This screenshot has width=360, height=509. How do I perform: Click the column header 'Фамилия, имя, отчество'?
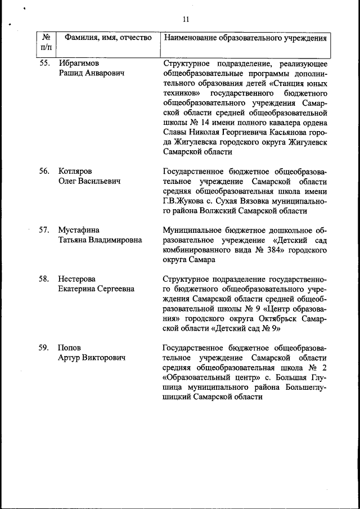pos(107,38)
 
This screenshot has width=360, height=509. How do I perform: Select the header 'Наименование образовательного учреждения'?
pos(245,38)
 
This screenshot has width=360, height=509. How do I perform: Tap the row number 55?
pos(45,63)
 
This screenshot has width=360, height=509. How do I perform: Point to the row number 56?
pos(45,171)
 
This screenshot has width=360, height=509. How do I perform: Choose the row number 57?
pos(45,229)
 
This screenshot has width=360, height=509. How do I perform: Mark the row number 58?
pos(45,279)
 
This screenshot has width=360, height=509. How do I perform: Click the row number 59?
pos(45,348)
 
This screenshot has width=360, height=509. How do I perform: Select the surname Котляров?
pos(75,171)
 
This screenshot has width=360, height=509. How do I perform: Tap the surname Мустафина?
pos(79,229)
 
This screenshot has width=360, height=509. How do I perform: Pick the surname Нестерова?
pos(77,279)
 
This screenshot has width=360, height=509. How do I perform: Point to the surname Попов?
pos(69,348)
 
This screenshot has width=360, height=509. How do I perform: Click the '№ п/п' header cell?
pos(46,43)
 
